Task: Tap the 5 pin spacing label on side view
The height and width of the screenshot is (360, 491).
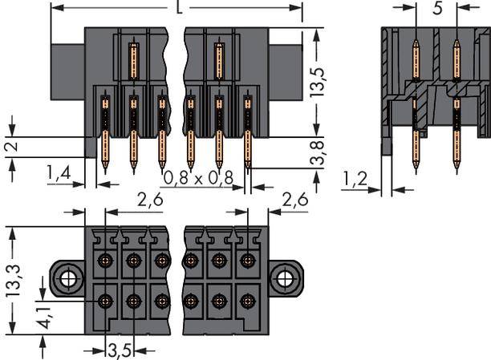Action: pyautogui.click(x=436, y=10)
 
